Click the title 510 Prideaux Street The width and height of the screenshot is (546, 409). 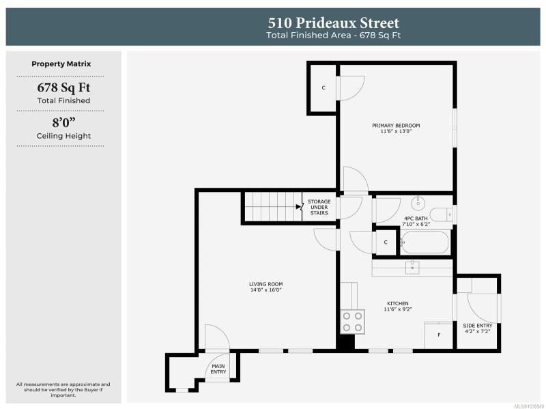(333, 23)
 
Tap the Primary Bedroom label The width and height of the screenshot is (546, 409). (396, 126)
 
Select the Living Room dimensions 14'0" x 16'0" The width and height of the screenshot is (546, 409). (265, 290)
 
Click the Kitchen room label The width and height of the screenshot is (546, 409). (398, 303)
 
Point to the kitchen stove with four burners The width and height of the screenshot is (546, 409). (352, 322)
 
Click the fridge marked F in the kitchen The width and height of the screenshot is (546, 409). (438, 335)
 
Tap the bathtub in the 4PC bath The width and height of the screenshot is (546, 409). (424, 242)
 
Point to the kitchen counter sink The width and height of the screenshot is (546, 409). (412, 268)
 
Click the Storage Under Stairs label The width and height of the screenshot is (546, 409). (319, 208)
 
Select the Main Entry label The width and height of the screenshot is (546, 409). (218, 369)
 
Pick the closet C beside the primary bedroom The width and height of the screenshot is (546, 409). (324, 88)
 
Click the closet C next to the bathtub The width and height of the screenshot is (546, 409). (386, 242)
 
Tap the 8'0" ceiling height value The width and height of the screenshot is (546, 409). (63, 123)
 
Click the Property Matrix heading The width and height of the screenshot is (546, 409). (61, 64)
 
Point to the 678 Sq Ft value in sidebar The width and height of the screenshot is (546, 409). (63, 87)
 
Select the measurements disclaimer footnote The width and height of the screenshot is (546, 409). (63, 390)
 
